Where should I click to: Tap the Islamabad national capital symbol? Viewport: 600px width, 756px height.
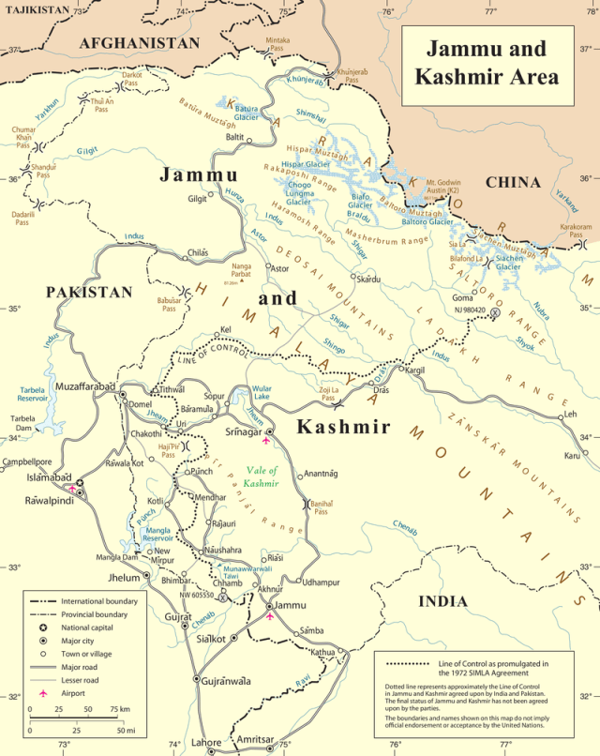[80, 484]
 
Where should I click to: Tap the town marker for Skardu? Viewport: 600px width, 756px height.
[352, 278]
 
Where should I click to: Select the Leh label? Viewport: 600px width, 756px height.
[567, 414]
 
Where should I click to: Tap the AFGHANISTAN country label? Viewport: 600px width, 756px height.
[140, 43]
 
